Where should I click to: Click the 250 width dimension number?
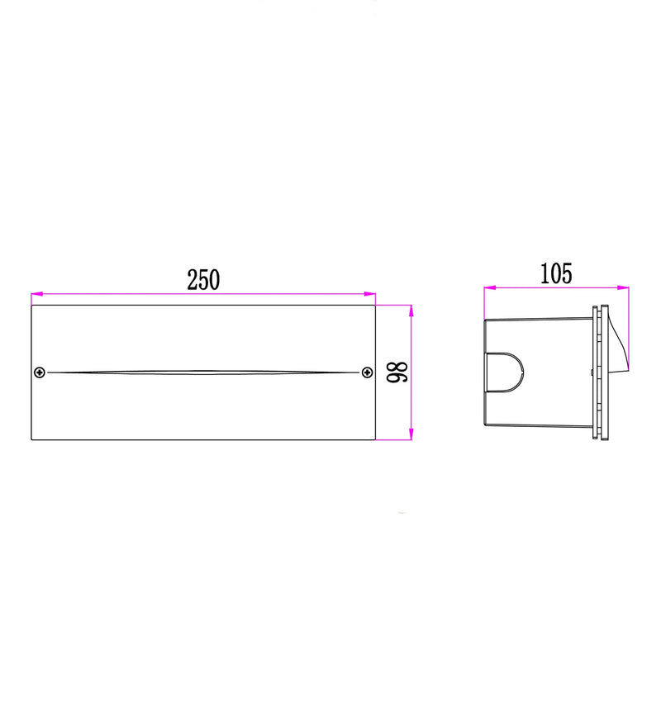203,280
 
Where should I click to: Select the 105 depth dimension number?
556,274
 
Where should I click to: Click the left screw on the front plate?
39,372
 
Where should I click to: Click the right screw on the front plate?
367,372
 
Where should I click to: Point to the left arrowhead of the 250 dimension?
35,293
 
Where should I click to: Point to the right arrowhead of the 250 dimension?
372,293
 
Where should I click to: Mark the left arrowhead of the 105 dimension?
487,287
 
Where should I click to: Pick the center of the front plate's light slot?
203,372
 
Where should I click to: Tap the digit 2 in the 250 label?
192,280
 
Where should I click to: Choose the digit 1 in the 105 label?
544,274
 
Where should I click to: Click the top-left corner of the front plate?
31,305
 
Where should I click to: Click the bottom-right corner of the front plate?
376,440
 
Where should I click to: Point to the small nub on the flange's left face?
592,373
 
